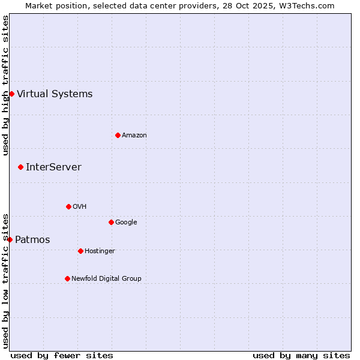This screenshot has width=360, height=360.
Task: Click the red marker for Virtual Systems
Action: (x=11, y=94)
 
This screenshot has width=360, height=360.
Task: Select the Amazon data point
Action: (x=118, y=135)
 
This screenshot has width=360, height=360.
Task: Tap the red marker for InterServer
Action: (x=20, y=167)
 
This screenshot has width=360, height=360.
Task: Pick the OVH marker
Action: (x=68, y=206)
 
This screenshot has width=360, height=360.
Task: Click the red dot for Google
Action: (x=111, y=222)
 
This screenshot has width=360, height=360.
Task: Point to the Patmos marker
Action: (x=10, y=239)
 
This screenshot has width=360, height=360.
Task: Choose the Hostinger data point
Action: (x=80, y=251)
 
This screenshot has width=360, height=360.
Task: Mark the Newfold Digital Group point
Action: (x=67, y=278)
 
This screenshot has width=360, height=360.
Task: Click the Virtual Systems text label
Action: (x=55, y=94)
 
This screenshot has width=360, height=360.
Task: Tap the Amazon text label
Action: (x=134, y=136)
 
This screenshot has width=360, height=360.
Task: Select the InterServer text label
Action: (x=53, y=167)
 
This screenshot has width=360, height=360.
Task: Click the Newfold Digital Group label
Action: (x=106, y=278)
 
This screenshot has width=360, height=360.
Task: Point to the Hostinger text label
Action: (x=100, y=251)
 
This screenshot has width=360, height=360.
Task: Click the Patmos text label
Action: (x=32, y=240)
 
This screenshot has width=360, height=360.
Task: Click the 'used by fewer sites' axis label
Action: (x=62, y=355)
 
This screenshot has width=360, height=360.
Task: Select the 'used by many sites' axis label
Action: (x=301, y=355)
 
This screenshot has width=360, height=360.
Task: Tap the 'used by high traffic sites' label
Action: (x=5, y=85)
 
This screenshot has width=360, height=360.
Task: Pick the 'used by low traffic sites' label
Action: (x=5, y=281)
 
